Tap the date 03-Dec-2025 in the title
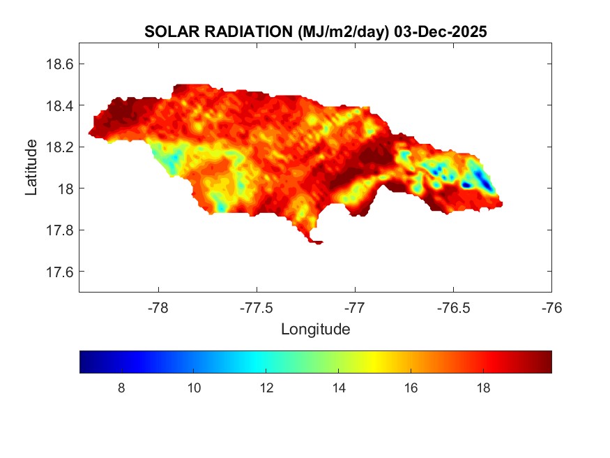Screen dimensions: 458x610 point(440,31)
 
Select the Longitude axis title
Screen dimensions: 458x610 point(315,328)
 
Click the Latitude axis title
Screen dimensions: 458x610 point(31,167)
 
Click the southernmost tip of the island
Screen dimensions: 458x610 point(317,243)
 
